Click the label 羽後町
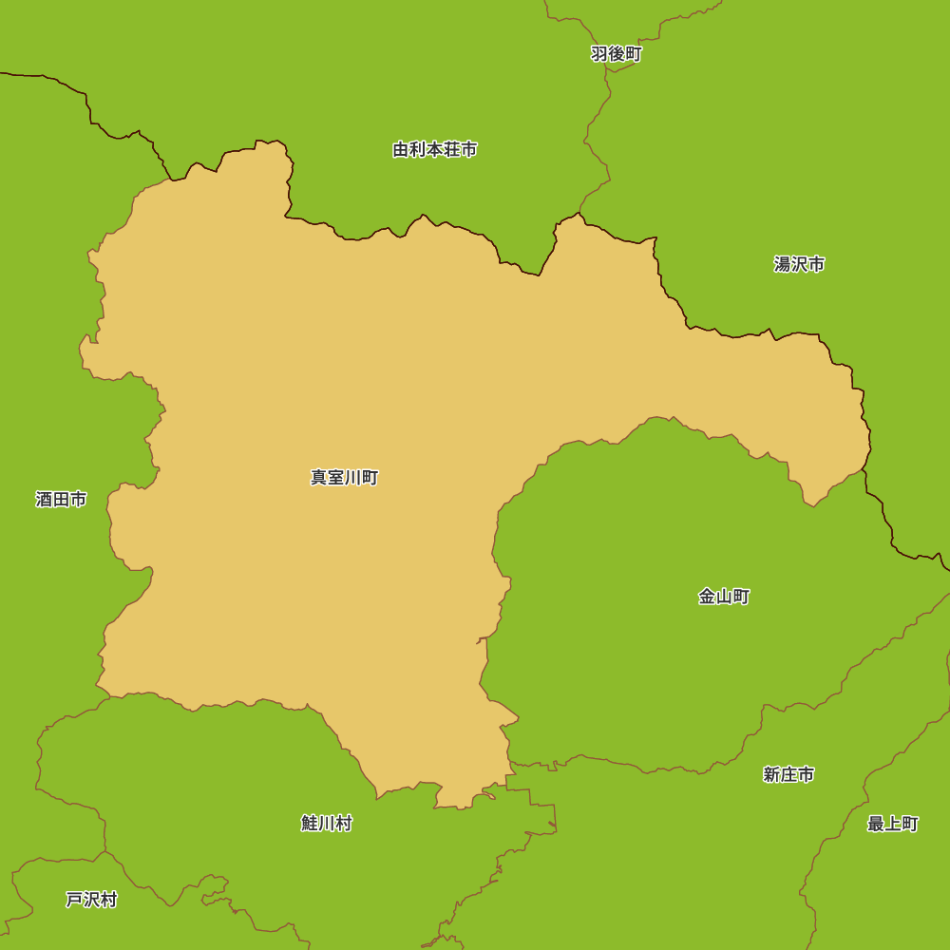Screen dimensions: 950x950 pyautogui.click(x=617, y=54)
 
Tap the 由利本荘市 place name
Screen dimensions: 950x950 pyautogui.click(x=435, y=149)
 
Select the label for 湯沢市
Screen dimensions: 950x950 pyautogui.click(x=799, y=264)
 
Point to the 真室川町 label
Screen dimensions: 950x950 pyautogui.click(x=345, y=477)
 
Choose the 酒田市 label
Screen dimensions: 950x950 pyautogui.click(x=61, y=499)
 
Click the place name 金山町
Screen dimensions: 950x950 pyautogui.click(x=724, y=597)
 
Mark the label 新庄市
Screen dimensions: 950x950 pyautogui.click(x=788, y=774)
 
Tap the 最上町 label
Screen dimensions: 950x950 pyautogui.click(x=893, y=824)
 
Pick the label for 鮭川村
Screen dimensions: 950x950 pyautogui.click(x=327, y=823)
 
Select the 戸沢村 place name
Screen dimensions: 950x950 pyautogui.click(x=91, y=899)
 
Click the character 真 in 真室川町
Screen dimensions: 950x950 pyautogui.click(x=319, y=477)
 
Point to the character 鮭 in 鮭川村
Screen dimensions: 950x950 pyautogui.click(x=310, y=823)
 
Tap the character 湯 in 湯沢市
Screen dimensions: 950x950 pyautogui.click(x=782, y=264)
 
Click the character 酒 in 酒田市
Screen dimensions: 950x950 pyautogui.click(x=44, y=499)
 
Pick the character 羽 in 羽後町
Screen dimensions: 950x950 pyautogui.click(x=599, y=54)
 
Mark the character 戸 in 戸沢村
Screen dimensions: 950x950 pyautogui.click(x=74, y=899)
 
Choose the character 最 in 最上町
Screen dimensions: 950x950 pyautogui.click(x=876, y=824)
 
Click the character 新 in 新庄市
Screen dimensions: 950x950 pyautogui.click(x=771, y=774)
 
